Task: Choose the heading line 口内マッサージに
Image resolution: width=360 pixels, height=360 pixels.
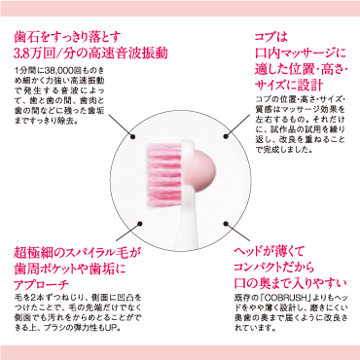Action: coord(292,54)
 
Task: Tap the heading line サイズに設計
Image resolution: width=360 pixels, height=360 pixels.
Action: coord(283,89)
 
